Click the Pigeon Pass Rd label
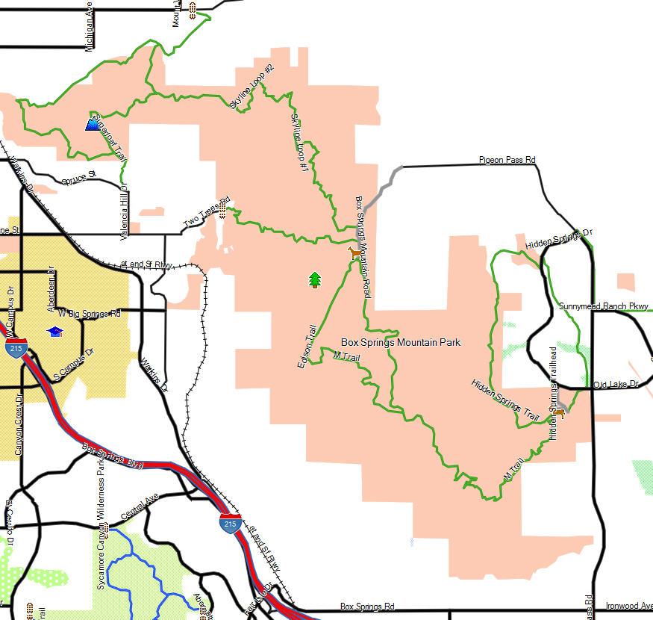point(507,160)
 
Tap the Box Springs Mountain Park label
point(401,342)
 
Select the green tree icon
point(315,280)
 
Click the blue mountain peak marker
point(93,124)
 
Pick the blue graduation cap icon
point(55,331)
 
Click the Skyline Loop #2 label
point(253,87)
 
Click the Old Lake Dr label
point(616,384)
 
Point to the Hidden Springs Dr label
point(558,238)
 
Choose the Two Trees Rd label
point(206,214)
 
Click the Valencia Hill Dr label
point(125,213)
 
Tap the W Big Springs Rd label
point(89,313)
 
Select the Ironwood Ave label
point(628,606)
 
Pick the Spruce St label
point(79,178)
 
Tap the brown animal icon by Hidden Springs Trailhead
point(558,412)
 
